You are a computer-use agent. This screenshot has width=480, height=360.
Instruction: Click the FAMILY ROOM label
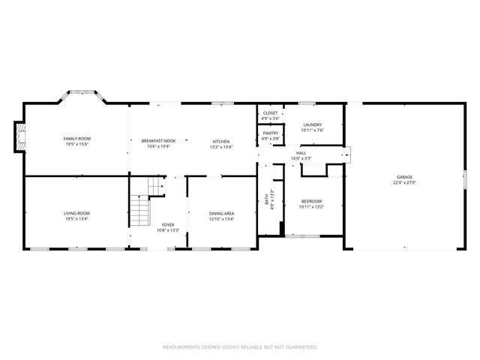pyautogui.click(x=76, y=139)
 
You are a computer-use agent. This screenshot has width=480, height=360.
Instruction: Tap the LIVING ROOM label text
pyautogui.click(x=76, y=214)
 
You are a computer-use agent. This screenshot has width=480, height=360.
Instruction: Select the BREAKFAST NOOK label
pyautogui.click(x=158, y=141)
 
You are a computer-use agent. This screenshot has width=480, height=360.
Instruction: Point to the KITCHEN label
pyautogui.click(x=220, y=141)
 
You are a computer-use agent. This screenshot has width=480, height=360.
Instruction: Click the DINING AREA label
pyautogui.click(x=221, y=214)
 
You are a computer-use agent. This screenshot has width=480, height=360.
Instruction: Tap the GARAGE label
pyautogui.click(x=404, y=177)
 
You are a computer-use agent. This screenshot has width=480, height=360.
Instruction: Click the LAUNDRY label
pyautogui.click(x=312, y=124)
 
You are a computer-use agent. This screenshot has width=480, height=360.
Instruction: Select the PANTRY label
pyautogui.click(x=270, y=133)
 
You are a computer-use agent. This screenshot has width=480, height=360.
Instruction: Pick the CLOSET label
pyautogui.click(x=270, y=112)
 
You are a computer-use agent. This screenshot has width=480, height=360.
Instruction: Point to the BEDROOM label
pyautogui.click(x=312, y=200)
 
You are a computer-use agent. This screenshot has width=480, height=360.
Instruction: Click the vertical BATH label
pyautogui.click(x=266, y=200)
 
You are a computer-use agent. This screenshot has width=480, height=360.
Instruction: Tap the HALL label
pyautogui.click(x=301, y=153)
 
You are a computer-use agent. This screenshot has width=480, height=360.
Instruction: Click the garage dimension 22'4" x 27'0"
pyautogui.click(x=404, y=183)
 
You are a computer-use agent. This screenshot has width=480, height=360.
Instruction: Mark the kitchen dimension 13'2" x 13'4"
pyautogui.click(x=220, y=147)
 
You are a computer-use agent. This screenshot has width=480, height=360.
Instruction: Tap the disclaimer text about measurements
pyautogui.click(x=240, y=347)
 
